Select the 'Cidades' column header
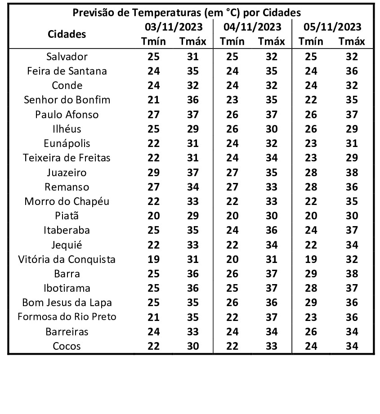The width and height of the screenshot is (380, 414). point(67,34)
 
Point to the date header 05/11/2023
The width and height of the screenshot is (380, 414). point(332,27)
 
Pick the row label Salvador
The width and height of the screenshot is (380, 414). point(67,57)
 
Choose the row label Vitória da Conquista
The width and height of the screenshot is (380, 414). point(67,259)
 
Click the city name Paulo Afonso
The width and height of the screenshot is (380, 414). point(67,115)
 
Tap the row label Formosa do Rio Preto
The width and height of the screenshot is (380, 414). point(67,317)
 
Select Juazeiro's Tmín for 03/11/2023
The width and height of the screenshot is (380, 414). point(154,173)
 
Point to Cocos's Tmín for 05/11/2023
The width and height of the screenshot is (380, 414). point(311,346)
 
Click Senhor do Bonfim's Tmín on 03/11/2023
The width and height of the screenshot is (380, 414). point(154,100)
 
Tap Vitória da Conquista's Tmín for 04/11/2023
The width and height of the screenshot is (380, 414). point(232,259)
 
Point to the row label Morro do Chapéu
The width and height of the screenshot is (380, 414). point(67,201)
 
